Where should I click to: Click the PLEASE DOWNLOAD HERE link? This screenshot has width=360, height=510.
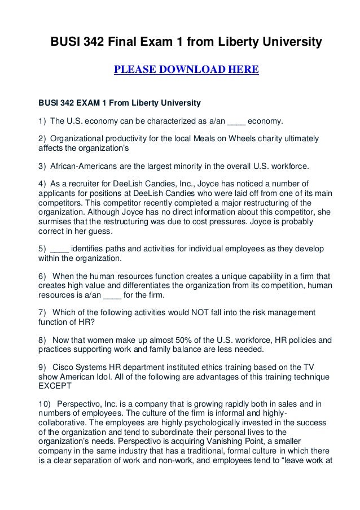coord(186,70)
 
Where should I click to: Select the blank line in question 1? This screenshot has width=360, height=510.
coord(237,121)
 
